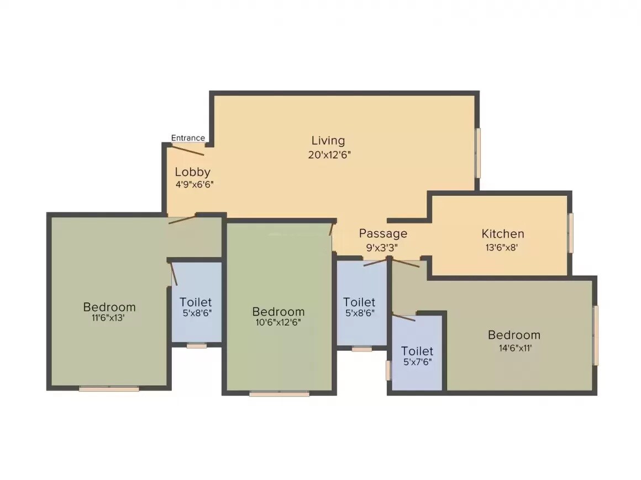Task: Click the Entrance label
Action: point(188,138)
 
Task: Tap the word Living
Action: point(328,141)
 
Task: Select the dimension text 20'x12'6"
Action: point(330,155)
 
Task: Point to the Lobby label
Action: point(193,172)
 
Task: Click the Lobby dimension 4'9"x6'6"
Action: point(195,184)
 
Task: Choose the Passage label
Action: point(383,233)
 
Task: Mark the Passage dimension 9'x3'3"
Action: point(382,248)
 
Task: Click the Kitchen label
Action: point(503,233)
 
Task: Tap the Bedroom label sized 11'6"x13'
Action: point(109,307)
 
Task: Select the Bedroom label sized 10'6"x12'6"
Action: point(279,312)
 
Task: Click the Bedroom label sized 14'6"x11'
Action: point(514,335)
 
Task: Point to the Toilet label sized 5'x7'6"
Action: point(417,351)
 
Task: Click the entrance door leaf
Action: point(189,149)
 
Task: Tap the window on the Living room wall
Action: point(479,153)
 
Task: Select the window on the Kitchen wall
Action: point(571,233)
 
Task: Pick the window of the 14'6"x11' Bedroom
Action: point(596,335)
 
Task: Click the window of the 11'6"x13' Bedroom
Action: point(109,389)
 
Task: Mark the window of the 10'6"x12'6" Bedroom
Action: point(279,394)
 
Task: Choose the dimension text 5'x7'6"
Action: point(417,363)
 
